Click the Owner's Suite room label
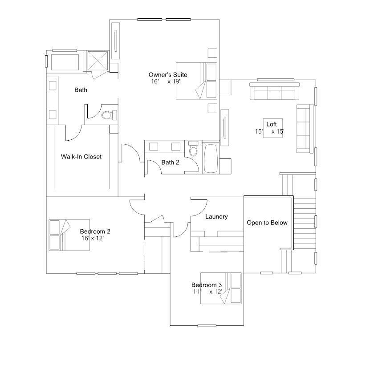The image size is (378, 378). coord(168,75)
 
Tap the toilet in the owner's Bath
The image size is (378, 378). coord(109,115)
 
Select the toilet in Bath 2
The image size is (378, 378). coord(193,149)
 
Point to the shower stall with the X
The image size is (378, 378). coord(98,61)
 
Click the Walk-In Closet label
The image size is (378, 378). coord(81,157)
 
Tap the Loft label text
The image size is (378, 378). coord(272,124)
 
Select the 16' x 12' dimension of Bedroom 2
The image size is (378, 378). coord(93,238)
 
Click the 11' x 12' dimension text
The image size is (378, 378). coord(207,292)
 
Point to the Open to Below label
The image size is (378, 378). coord(267,223)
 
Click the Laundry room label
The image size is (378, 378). coord(216,217)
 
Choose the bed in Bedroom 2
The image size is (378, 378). coord(69,235)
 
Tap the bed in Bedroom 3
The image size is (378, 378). coord(221,288)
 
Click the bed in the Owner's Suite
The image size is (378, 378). coord(196,81)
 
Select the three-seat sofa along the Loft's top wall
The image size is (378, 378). coord(274,91)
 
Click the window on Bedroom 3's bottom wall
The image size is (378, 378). coord(207,326)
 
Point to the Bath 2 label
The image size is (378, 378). coord(170,163)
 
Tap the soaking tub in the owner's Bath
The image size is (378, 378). coord(65,62)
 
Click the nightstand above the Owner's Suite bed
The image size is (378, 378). coord(212,53)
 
